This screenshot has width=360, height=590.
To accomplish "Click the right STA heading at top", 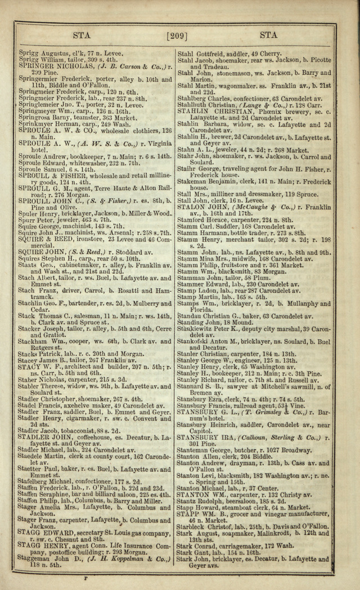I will [x=268, y=35].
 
